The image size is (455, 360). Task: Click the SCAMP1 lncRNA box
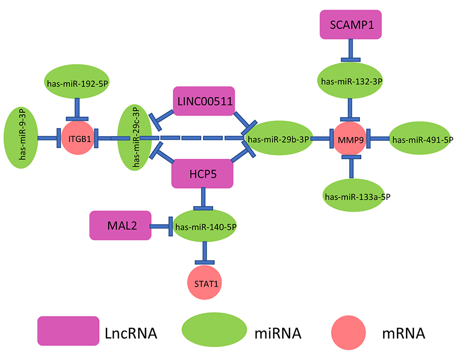click(351, 25)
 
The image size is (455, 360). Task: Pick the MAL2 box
click(120, 225)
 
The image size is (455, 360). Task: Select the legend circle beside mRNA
click(348, 332)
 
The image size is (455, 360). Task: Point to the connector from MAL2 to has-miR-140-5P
click(159, 227)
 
